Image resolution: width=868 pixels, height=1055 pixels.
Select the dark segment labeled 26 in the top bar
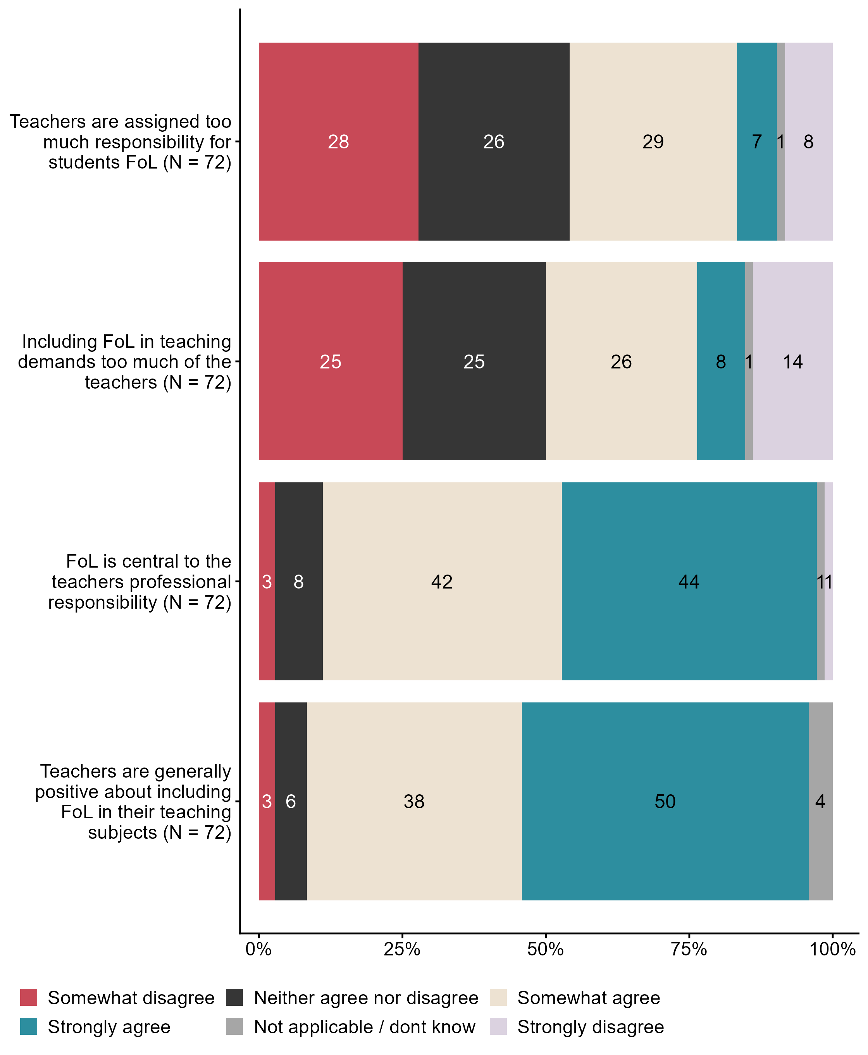click(494, 141)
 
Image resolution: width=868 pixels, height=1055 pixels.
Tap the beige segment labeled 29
click(653, 141)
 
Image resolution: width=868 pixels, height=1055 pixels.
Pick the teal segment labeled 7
click(756, 141)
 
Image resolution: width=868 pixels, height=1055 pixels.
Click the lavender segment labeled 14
click(792, 361)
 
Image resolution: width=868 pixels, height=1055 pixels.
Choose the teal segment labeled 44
click(689, 581)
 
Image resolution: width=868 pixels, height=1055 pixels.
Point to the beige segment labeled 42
click(442, 581)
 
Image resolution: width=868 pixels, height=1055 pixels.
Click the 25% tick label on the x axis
click(401, 948)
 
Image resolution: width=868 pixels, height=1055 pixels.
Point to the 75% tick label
click(689, 948)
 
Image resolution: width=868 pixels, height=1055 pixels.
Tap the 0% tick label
click(258, 948)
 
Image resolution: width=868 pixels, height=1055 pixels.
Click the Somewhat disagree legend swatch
click(29, 997)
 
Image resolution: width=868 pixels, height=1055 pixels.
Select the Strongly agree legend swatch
click(29, 1026)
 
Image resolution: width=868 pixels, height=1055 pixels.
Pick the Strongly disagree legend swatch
click(498, 1026)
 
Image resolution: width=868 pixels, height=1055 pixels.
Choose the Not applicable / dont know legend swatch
click(234, 1026)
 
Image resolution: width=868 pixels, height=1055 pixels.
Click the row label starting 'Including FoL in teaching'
click(125, 361)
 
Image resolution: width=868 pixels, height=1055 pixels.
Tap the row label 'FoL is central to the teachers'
click(140, 582)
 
